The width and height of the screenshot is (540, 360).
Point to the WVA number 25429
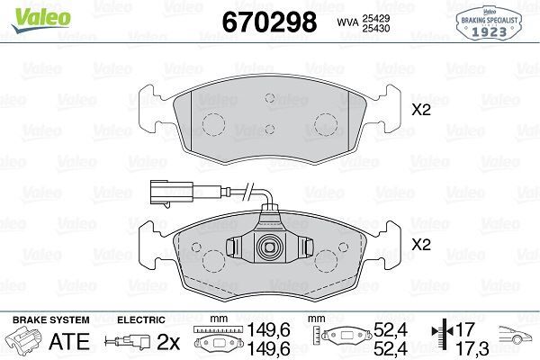click(x=380, y=17)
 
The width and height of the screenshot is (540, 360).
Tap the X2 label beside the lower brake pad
click(x=421, y=244)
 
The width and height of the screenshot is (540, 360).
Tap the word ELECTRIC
click(x=140, y=319)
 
